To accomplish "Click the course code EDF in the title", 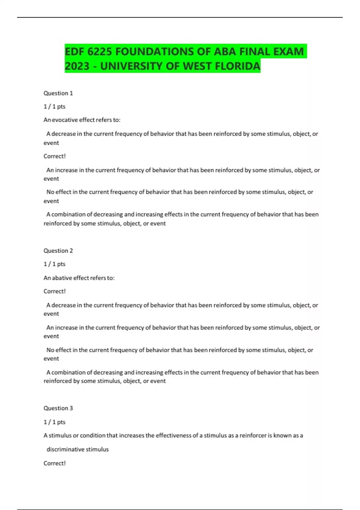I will [x=74, y=52].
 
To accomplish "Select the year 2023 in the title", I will [x=77, y=66].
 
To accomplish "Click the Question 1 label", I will [x=58, y=93].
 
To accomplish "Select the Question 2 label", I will [x=58, y=251].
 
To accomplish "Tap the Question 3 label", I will [x=58, y=408].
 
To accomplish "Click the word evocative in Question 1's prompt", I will [x=65, y=120].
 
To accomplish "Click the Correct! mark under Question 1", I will [x=55, y=156].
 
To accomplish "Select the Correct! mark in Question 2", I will [x=55, y=291].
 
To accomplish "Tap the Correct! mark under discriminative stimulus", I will [x=55, y=463].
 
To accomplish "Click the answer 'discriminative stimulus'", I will [x=77, y=449].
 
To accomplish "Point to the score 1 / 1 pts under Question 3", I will [x=55, y=422].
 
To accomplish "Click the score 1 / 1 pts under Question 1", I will [x=55, y=107].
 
